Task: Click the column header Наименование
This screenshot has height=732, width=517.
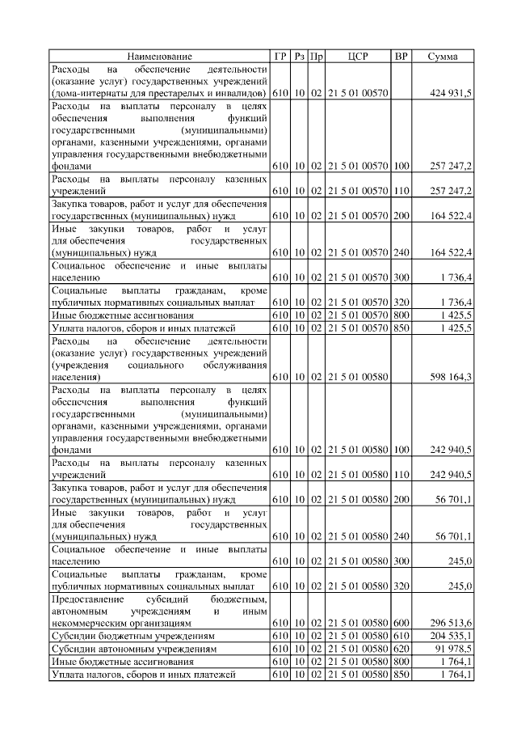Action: point(160,57)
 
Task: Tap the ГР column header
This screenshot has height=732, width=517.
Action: point(280,57)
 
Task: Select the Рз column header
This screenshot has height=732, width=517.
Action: point(299,57)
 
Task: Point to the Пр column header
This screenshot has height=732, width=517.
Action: point(317,57)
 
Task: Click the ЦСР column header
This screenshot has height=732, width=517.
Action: point(358,57)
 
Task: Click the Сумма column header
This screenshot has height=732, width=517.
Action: point(443,57)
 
